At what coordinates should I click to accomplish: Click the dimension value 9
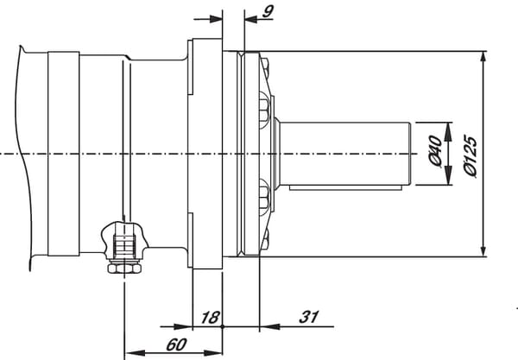268,11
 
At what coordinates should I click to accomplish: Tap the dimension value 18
210,318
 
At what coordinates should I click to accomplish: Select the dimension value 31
309,317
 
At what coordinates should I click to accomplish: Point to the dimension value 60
177,344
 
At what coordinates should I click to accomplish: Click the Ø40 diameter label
435,150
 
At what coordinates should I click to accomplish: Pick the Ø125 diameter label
471,156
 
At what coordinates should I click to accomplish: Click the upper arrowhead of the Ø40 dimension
448,132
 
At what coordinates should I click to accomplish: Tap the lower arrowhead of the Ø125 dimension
483,247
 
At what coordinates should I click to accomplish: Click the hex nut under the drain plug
124,268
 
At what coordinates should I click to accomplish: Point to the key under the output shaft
345,187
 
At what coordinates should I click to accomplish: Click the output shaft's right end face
410,154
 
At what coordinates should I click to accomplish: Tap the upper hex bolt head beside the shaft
263,110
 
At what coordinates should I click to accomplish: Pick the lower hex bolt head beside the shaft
263,197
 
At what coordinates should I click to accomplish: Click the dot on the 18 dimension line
223,326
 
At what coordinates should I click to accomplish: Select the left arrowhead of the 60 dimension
136,353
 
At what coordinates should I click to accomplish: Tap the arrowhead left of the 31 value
269,326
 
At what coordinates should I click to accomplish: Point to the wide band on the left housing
63,154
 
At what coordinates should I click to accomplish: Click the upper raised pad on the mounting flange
190,67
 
